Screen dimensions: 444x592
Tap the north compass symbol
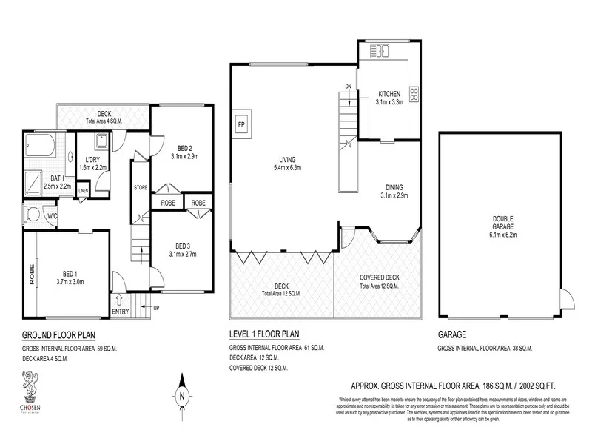tap(182, 396)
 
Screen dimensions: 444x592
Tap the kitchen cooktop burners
tap(413, 95)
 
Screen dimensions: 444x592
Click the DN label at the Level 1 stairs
tap(348, 87)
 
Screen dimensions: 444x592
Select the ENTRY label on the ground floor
tap(120, 312)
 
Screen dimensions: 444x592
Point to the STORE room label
tap(141, 188)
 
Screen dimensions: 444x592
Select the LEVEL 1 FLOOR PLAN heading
tap(268, 334)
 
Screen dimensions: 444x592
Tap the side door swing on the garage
tap(565, 299)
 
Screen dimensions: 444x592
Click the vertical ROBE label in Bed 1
tap(32, 275)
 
